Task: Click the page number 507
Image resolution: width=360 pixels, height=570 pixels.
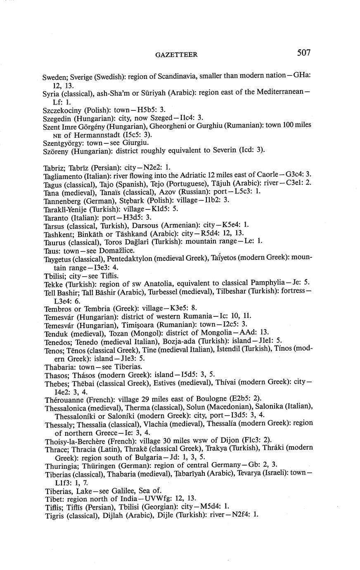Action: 303,52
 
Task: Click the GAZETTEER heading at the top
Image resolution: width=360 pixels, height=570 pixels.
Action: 176,55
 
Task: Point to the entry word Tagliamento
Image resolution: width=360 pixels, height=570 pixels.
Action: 64,176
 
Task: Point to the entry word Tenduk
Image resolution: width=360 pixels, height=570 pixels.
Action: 57,333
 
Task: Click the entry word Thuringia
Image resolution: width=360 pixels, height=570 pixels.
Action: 60,465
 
